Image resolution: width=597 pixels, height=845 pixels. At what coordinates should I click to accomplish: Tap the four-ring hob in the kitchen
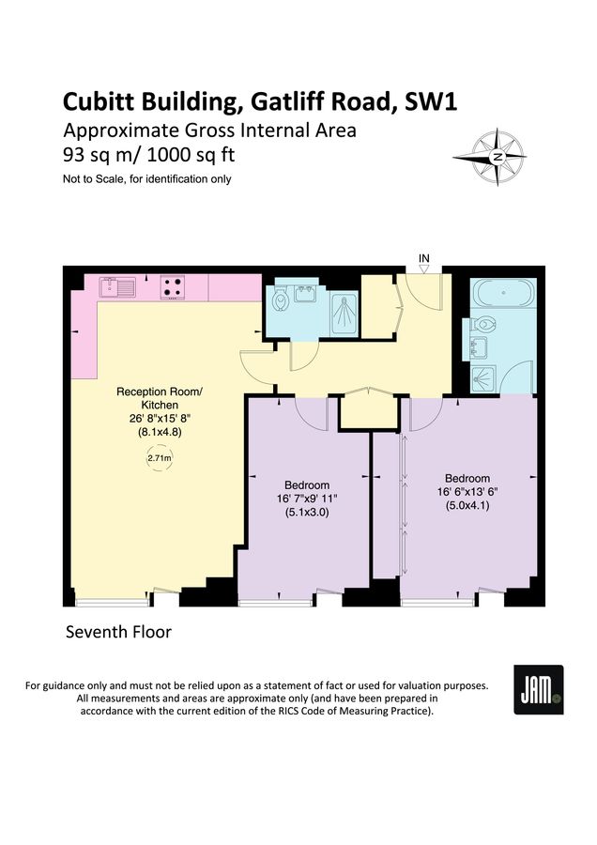pyautogui.click(x=173, y=286)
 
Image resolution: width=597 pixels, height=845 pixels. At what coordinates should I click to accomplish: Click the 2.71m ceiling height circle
pyautogui.click(x=160, y=457)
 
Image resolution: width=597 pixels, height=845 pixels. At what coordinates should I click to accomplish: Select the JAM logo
pyautogui.click(x=539, y=689)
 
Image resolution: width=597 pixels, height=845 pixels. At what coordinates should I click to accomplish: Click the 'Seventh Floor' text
pyautogui.click(x=118, y=632)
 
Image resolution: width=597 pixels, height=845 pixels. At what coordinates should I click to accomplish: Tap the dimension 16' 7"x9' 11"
pyautogui.click(x=306, y=497)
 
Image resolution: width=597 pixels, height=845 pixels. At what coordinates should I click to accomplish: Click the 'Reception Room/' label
pyautogui.click(x=159, y=392)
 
